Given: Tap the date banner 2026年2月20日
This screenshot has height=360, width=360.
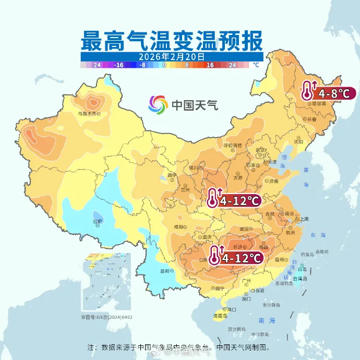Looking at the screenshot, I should [x=172, y=56].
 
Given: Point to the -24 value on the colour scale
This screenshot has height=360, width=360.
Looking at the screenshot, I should [x=96, y=65].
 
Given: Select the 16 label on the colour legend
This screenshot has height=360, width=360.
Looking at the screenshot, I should [x=210, y=65].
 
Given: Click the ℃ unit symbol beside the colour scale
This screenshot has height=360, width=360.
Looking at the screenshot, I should [x=255, y=65].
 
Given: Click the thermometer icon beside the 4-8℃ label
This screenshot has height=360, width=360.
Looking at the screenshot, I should [x=308, y=91].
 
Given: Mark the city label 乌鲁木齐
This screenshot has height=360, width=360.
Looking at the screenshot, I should [x=88, y=113].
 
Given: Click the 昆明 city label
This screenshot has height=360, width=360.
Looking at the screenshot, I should [x=165, y=271].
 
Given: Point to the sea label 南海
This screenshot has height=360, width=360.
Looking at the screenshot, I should [x=259, y=322].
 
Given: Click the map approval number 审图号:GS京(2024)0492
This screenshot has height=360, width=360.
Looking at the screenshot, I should [x=106, y=317].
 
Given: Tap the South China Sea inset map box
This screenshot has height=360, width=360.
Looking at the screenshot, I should [x=106, y=282].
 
